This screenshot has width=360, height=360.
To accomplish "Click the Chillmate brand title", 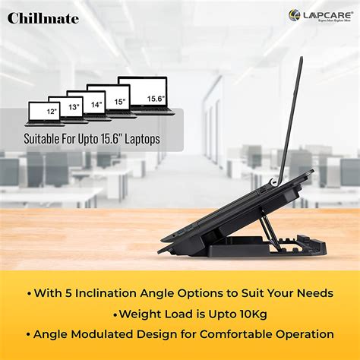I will tap(43, 17).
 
